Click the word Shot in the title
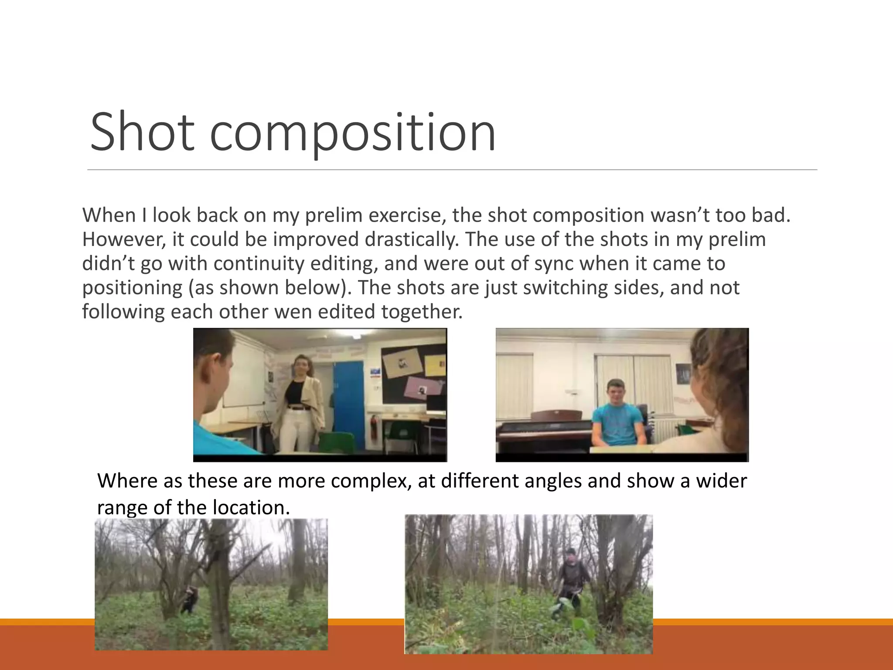[x=142, y=132]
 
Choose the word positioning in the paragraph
[x=132, y=288]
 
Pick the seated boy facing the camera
[x=617, y=414]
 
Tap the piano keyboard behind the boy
[x=543, y=432]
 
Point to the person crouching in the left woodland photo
[x=189, y=600]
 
